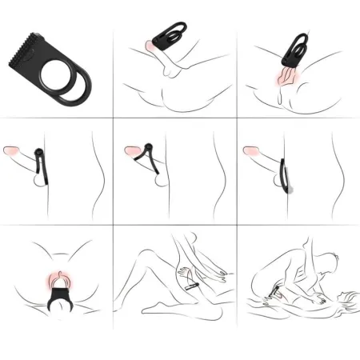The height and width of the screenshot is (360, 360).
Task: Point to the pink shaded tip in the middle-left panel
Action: (13, 150)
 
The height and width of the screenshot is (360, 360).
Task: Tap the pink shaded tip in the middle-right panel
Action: (251, 150)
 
